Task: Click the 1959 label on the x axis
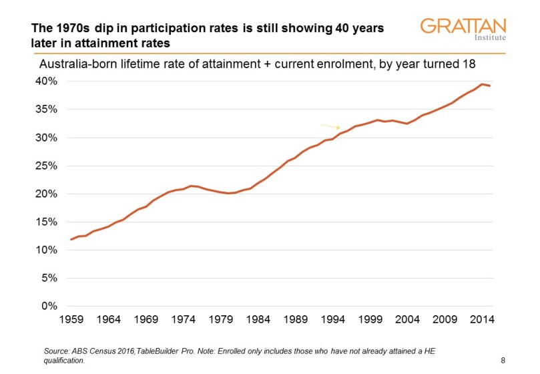71,319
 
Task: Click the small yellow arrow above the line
331,126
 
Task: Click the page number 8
503,361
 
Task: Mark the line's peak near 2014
483,84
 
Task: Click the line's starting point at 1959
71,239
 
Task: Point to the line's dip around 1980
230,193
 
